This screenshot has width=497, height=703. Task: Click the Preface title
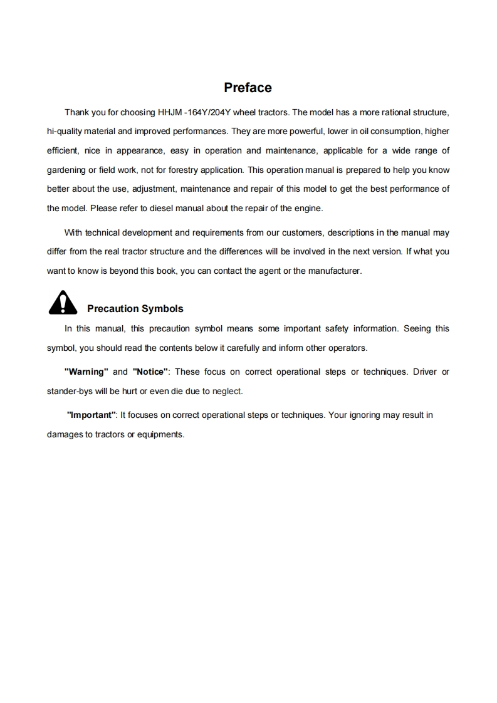[x=248, y=88]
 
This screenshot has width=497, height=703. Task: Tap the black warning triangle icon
[x=62, y=303]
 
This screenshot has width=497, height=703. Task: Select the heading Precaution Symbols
[x=135, y=309]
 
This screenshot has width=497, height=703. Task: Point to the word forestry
[x=192, y=170]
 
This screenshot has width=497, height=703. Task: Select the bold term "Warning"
[x=86, y=372]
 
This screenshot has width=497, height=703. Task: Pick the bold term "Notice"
[x=150, y=372]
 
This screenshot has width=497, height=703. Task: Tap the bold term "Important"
[x=92, y=415]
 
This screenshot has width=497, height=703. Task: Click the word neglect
[x=226, y=391]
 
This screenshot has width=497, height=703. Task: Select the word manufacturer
[x=335, y=271]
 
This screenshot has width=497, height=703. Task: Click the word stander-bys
[x=70, y=391]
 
